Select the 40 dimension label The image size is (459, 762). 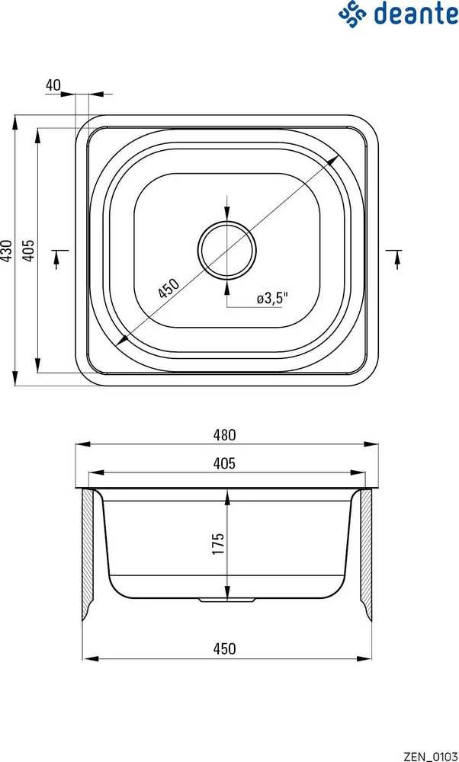53,85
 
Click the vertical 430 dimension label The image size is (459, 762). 6,251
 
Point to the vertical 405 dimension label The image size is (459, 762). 29,251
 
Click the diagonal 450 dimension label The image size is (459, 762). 169,288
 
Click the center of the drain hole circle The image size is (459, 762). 226,250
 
